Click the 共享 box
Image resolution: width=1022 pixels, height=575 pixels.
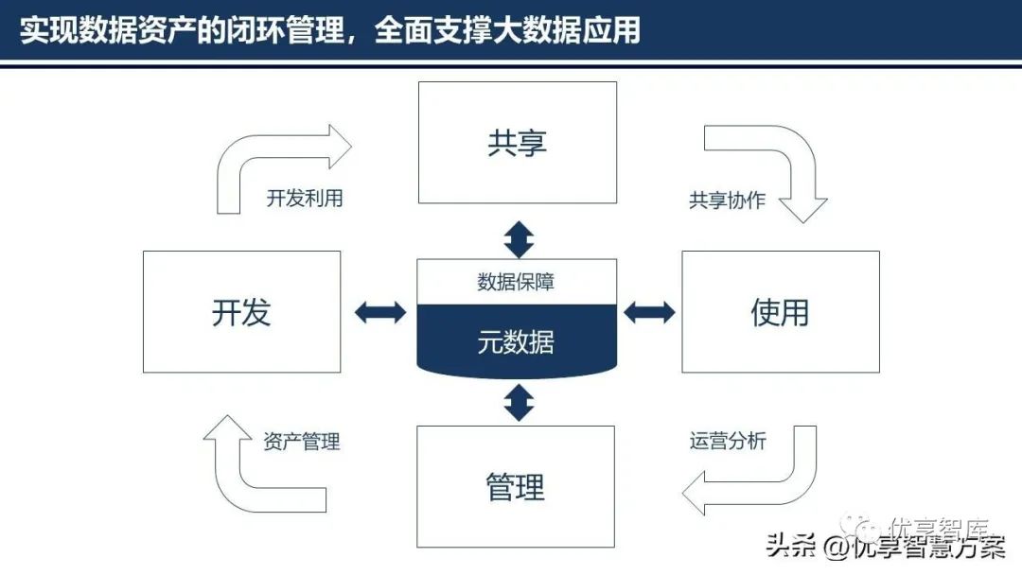point(517,143)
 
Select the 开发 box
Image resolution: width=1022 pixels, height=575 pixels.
point(241,312)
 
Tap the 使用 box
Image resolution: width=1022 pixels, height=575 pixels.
point(780,312)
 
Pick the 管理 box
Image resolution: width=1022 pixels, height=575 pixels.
point(516,487)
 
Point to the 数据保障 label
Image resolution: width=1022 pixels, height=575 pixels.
point(516,282)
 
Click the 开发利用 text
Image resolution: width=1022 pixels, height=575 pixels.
point(304,199)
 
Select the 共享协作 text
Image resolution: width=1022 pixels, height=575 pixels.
point(727,200)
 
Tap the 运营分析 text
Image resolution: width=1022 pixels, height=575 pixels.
point(728,440)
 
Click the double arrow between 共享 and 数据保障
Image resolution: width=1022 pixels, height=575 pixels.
point(519,239)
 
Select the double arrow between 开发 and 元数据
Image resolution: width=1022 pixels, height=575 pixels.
point(379,312)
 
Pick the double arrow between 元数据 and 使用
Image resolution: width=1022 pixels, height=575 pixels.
point(649,311)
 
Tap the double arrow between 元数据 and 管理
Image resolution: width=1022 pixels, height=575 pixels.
point(519,403)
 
